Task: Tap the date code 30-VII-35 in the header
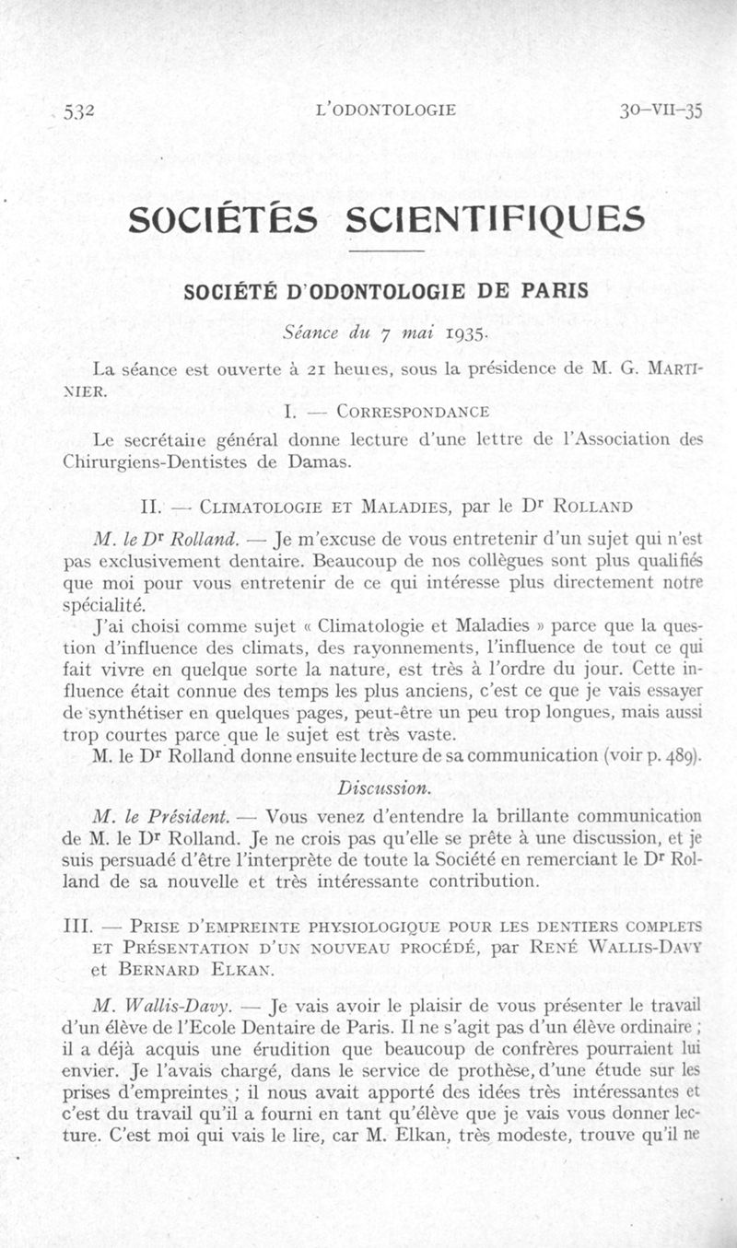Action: tap(661, 111)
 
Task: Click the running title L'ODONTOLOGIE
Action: tap(385, 111)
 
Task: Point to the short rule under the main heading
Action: tap(385, 251)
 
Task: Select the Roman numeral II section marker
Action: tap(150, 505)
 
